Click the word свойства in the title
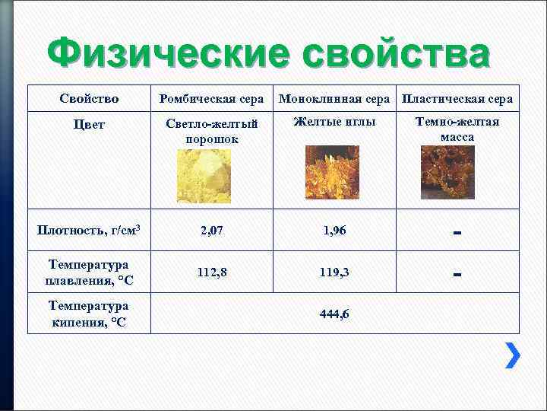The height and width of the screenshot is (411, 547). (395, 55)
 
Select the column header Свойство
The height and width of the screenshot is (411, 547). (89, 99)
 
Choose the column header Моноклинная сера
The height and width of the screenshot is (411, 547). (334, 99)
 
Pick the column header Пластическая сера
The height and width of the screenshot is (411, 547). (457, 99)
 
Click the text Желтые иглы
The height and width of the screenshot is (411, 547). (334, 122)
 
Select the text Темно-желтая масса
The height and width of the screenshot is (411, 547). (457, 129)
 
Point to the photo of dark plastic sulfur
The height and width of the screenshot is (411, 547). (454, 173)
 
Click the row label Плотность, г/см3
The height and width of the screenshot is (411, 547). (89, 230)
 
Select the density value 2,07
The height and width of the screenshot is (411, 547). (212, 230)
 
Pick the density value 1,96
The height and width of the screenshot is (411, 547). (334, 230)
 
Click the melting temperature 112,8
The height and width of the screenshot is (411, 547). (212, 272)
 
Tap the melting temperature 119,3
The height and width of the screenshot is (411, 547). (334, 272)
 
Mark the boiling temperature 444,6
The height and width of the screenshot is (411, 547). (334, 314)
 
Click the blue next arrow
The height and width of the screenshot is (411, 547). (513, 355)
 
